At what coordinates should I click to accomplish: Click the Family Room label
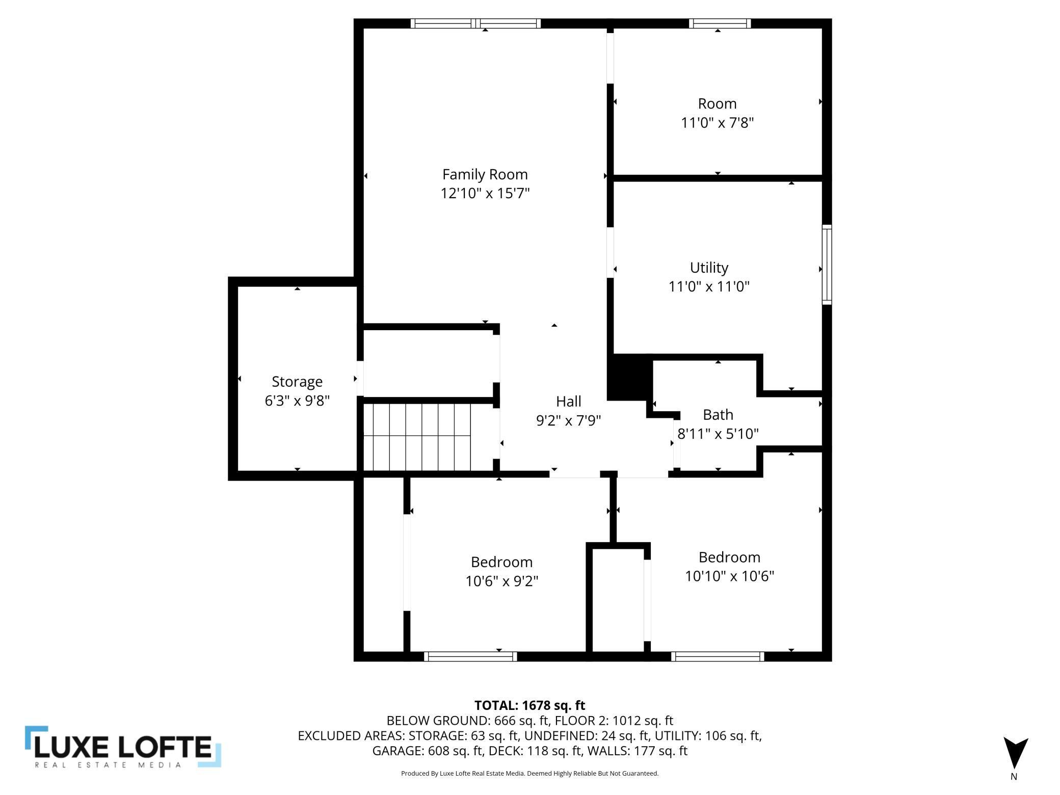(x=485, y=175)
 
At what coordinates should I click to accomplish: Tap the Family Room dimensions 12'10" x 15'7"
(x=485, y=194)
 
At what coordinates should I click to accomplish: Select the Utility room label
(x=709, y=268)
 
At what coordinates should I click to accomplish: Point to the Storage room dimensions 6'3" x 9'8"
(x=297, y=401)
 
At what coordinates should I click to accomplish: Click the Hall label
(x=568, y=402)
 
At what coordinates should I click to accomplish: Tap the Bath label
(x=718, y=415)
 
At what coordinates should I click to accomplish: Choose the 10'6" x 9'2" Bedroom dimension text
(x=501, y=581)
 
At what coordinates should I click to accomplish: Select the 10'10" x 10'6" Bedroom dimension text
(x=729, y=576)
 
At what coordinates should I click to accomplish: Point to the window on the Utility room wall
(x=827, y=265)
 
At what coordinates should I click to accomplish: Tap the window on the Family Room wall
(x=475, y=23)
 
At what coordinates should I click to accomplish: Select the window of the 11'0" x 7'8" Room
(x=720, y=23)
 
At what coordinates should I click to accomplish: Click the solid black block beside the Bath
(x=630, y=378)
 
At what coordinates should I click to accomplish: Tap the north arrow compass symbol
(x=1016, y=754)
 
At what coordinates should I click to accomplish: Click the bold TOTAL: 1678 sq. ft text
(x=529, y=705)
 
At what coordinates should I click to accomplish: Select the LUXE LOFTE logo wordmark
(x=123, y=748)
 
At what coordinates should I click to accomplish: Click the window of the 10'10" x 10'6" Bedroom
(x=718, y=656)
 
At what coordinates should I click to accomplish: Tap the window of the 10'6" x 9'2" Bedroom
(x=470, y=656)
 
